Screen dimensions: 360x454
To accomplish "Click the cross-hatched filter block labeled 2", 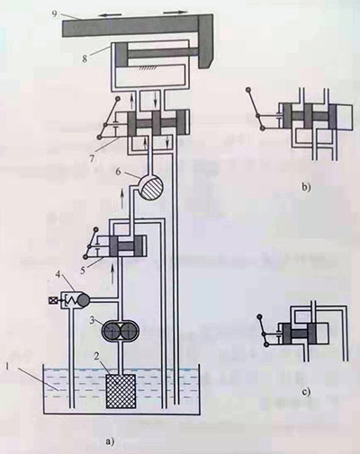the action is tap(121, 391).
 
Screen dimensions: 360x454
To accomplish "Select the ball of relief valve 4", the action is tap(82, 299).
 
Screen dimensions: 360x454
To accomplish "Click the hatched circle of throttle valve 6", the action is tap(152, 188).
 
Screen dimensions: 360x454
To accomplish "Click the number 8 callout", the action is tap(85, 58).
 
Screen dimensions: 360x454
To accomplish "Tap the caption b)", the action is tap(306, 188).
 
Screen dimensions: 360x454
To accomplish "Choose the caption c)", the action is tap(306, 392).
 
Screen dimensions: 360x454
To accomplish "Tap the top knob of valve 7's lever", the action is tap(118, 98).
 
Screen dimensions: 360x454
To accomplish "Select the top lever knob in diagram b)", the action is tap(248, 89).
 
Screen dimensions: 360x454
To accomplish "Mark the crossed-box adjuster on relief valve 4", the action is tap(51, 299).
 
